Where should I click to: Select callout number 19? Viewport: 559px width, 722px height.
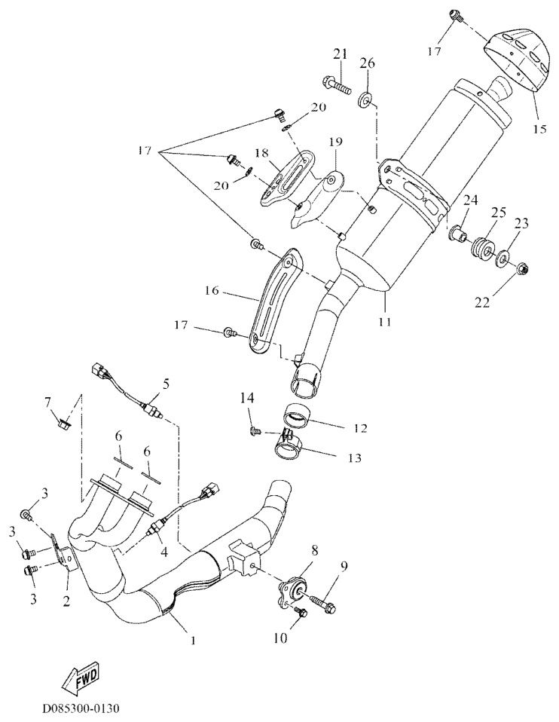click(x=335, y=142)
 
